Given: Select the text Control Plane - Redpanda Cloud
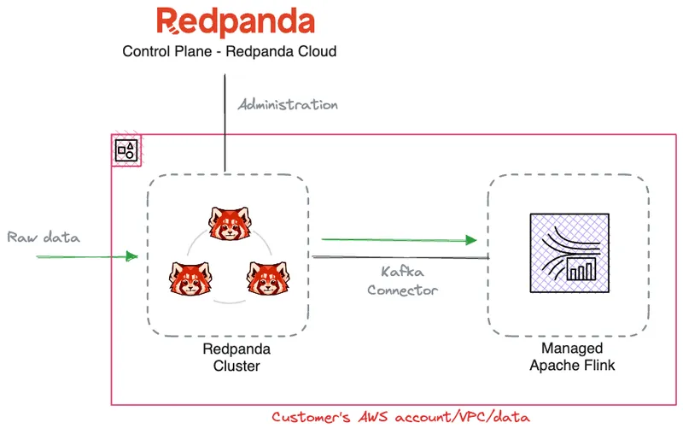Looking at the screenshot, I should coord(229,51).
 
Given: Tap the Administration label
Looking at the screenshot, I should coord(288,105).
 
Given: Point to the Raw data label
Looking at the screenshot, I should coord(44,237).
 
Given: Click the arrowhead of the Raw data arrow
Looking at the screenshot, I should coord(131,255).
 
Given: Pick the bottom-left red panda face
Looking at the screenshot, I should coord(188,278).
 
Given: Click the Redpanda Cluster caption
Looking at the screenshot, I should coord(231,357).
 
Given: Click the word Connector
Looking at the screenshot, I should coord(402,290).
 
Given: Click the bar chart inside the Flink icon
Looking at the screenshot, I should coord(581,271).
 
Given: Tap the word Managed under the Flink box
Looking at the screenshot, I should coord(571,349).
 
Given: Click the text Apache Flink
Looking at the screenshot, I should coord(571,366).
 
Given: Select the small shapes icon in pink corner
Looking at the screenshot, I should coord(126,151).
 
